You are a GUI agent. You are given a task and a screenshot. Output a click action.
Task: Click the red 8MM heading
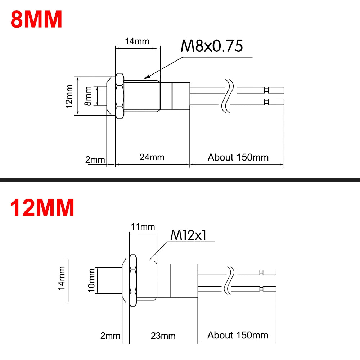(36, 20)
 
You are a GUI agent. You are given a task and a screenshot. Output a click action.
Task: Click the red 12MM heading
(42, 208)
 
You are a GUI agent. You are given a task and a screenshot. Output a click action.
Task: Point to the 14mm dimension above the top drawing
(137, 41)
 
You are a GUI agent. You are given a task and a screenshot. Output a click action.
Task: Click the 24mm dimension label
(152, 157)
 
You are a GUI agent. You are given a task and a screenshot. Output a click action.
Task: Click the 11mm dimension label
(143, 226)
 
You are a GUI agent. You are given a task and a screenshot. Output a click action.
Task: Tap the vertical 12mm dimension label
(70, 96)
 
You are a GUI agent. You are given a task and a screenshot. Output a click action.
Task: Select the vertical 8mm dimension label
(87, 96)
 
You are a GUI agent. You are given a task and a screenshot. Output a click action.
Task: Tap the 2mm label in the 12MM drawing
(110, 336)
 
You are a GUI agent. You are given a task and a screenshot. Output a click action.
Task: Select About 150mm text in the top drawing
(238, 157)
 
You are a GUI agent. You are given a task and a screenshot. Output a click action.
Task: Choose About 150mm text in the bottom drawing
(238, 335)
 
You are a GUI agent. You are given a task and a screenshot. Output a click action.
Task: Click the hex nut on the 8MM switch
(120, 96)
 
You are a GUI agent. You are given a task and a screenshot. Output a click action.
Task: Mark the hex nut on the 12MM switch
(132, 281)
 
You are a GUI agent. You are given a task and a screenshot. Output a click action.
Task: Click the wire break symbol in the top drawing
(229, 96)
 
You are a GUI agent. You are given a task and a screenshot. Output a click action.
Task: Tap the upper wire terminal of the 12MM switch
(269, 273)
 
